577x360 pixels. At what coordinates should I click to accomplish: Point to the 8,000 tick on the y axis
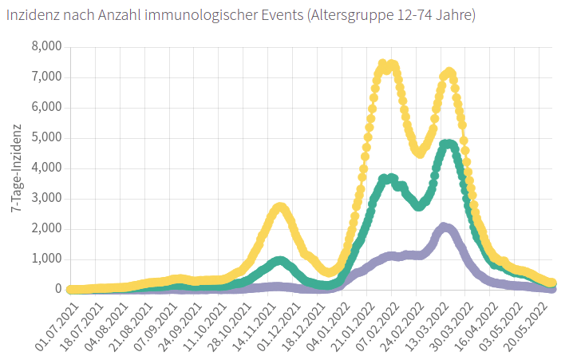(x=46, y=47)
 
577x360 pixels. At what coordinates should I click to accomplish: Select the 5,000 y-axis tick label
(x=46, y=138)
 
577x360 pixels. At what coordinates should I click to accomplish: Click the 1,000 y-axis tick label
(x=46, y=259)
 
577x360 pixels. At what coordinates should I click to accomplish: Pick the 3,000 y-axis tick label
(x=46, y=199)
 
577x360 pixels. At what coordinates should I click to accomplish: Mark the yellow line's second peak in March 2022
(x=449, y=73)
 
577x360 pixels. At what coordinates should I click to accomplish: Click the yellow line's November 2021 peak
(x=279, y=208)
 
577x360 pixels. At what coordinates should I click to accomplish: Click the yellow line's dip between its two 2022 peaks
(x=419, y=152)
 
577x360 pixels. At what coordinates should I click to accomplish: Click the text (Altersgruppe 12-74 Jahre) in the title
(x=390, y=16)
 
